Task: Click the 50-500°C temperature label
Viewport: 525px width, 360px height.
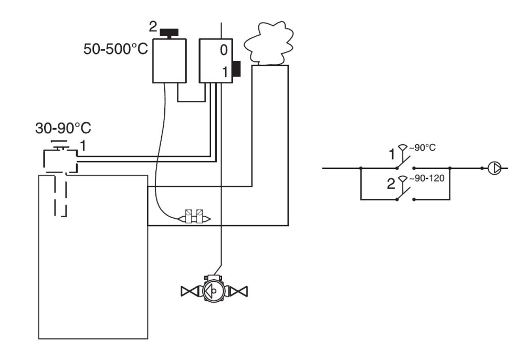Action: (x=115, y=50)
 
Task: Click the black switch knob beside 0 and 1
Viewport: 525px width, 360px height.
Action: (x=236, y=69)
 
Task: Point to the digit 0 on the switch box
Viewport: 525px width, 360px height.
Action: (x=224, y=50)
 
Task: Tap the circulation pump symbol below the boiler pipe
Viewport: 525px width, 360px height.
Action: (x=214, y=289)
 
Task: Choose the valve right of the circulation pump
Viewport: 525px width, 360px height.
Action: (x=240, y=290)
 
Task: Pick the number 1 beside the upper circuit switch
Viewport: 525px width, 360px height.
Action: (x=392, y=154)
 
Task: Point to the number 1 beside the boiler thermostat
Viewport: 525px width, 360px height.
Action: (x=82, y=144)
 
